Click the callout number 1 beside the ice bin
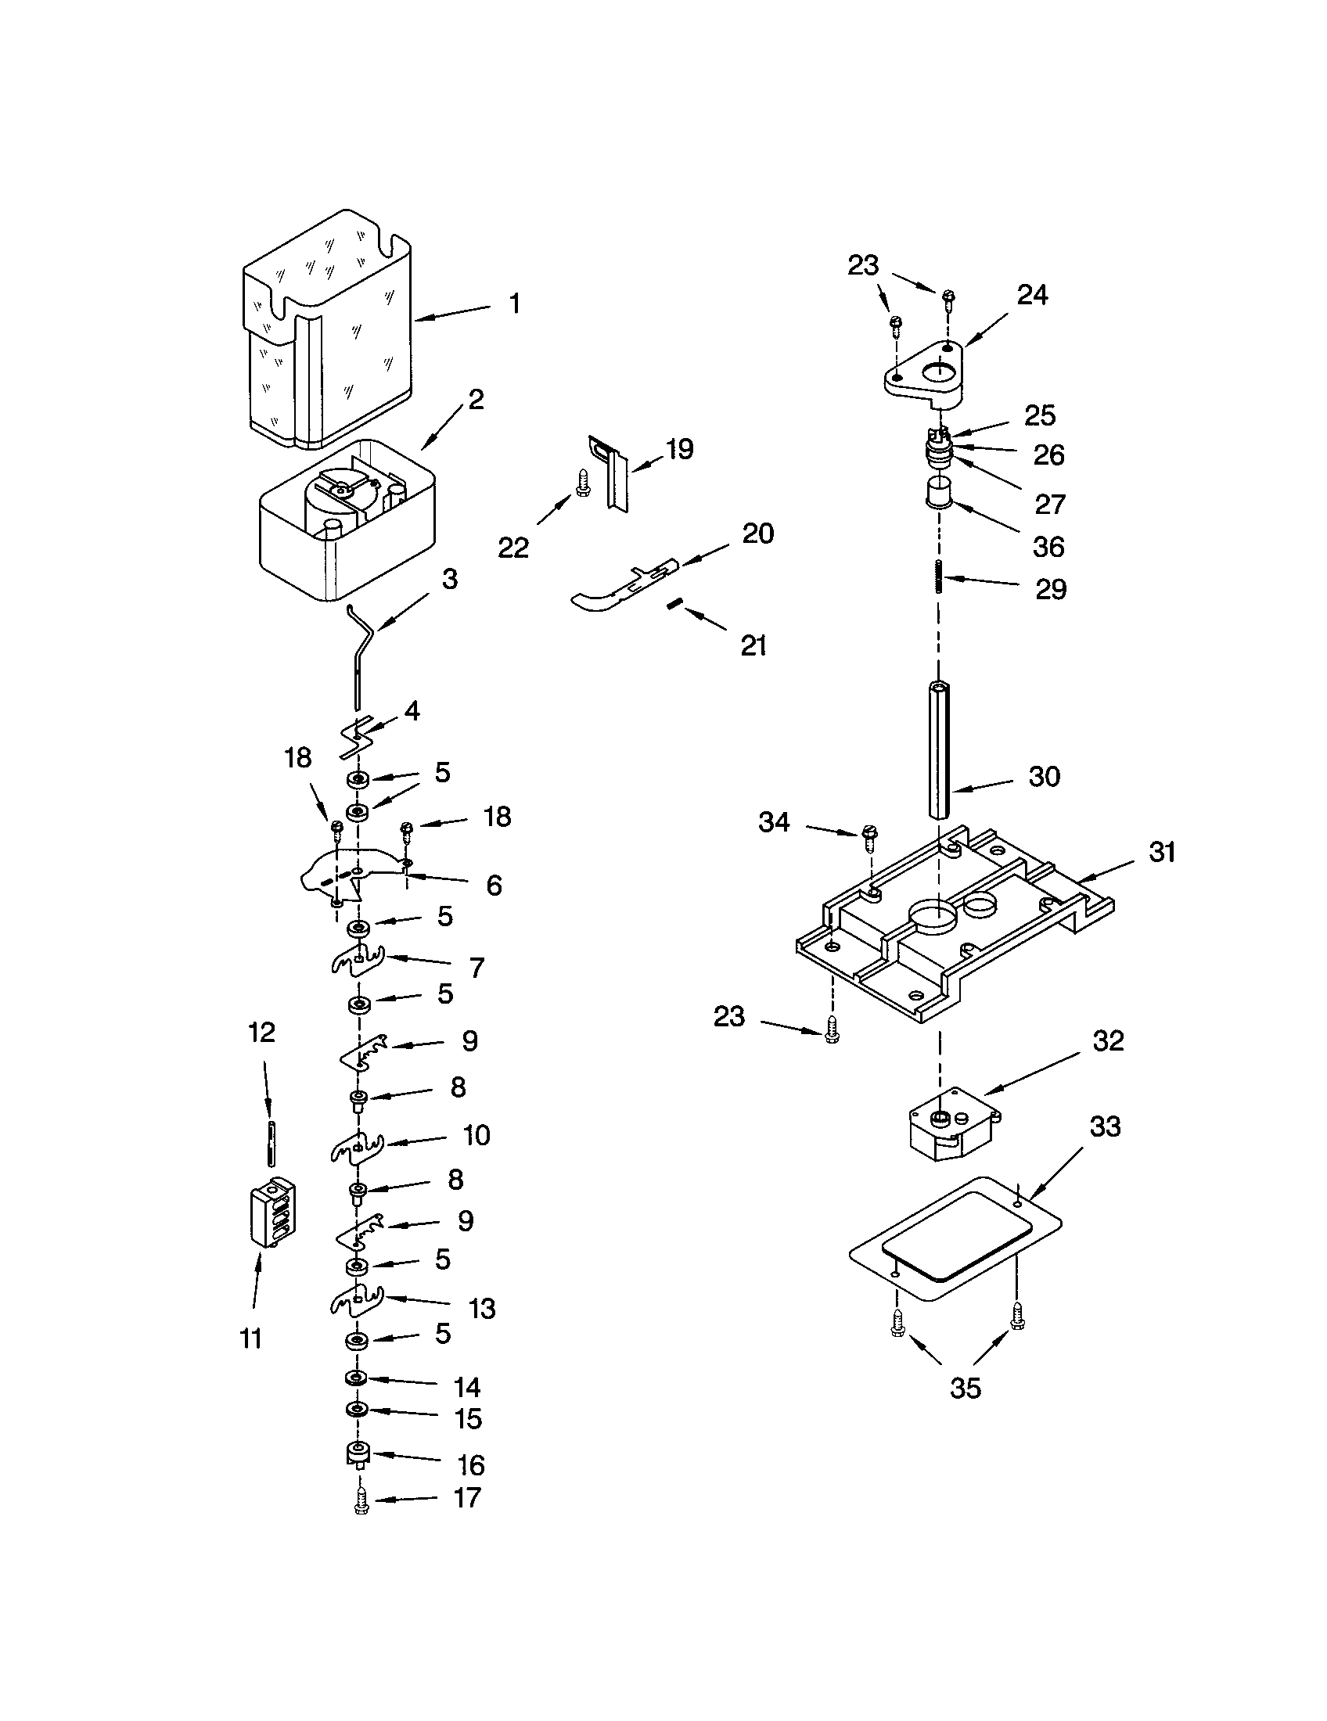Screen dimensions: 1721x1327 pos(514,304)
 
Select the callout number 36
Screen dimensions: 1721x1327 pos(1048,547)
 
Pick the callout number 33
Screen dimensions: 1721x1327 pos(1105,1126)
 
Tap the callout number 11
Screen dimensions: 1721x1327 pos(250,1338)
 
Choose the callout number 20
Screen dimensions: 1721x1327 pos(758,534)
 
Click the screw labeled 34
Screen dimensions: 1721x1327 pos(870,839)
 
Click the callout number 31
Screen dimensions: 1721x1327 pos(1163,852)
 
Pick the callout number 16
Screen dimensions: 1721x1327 pos(471,1466)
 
